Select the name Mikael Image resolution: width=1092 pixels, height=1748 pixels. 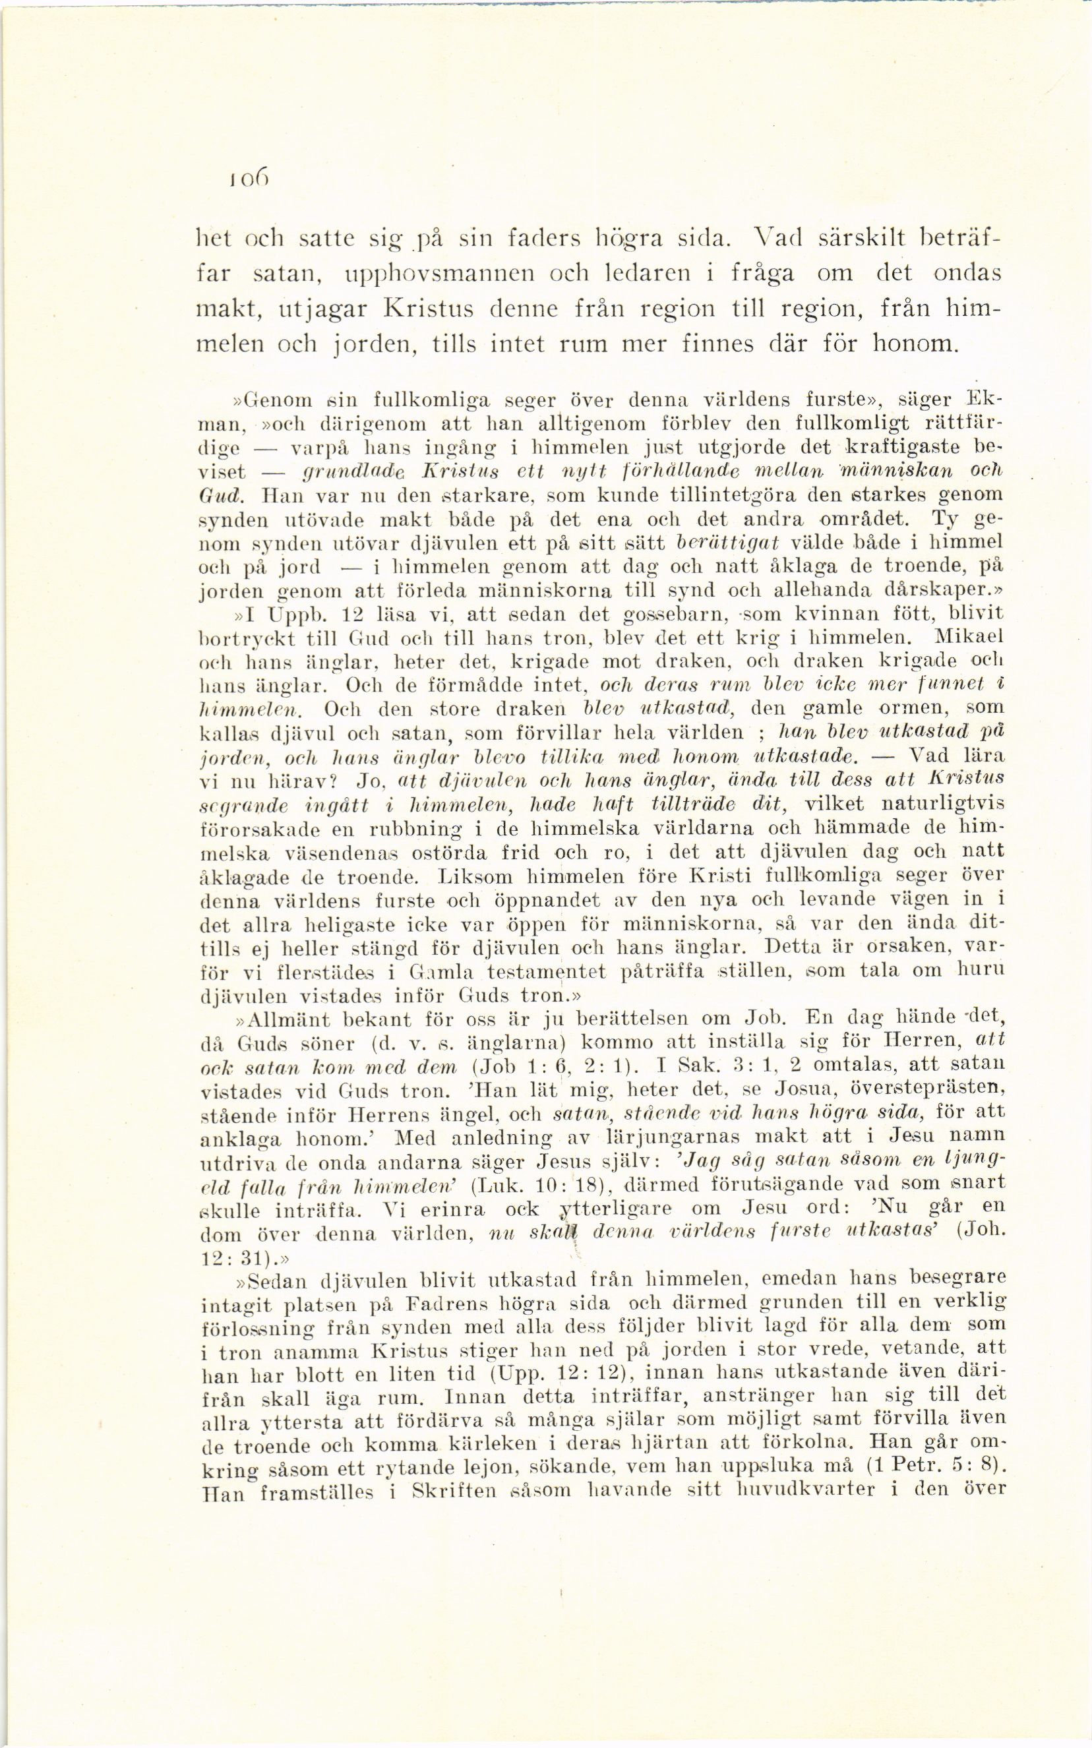pyautogui.click(x=969, y=638)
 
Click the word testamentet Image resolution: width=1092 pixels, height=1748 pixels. pyautogui.click(x=547, y=973)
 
